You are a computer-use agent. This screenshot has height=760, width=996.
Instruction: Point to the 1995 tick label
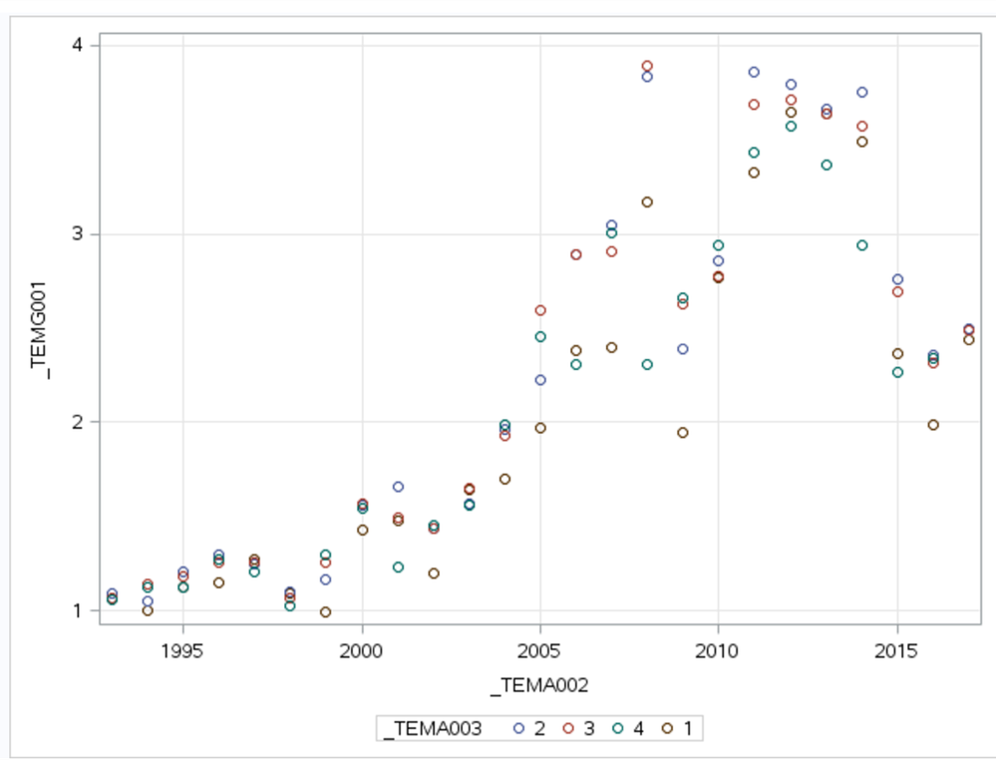(x=183, y=649)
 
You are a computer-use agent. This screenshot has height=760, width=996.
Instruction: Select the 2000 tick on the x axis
(x=362, y=649)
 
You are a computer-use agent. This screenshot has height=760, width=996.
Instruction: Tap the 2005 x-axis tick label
(x=539, y=649)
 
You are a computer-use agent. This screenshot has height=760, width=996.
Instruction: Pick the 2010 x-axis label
(x=718, y=649)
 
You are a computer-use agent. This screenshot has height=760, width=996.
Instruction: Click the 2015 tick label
(x=897, y=649)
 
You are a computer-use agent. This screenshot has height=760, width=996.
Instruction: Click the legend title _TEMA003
(x=435, y=729)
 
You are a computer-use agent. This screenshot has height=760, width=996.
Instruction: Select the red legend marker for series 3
(x=569, y=729)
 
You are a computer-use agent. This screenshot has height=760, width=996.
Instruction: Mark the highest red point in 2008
(x=647, y=66)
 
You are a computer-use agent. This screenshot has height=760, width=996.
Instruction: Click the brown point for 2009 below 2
(x=683, y=433)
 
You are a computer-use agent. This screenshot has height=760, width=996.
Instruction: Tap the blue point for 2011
(x=754, y=72)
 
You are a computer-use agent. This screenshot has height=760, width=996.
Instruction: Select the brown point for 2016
(x=933, y=425)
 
